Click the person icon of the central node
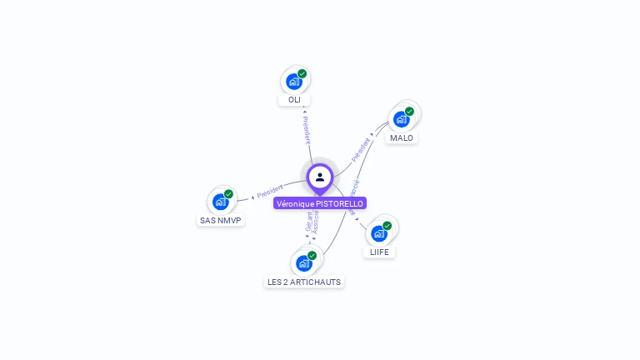(320, 177)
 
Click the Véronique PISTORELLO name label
(320, 203)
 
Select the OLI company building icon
(293, 82)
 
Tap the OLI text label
(294, 100)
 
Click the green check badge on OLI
(302, 73)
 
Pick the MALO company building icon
(401, 119)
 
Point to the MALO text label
(402, 137)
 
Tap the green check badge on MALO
(410, 111)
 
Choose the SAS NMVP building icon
(220, 202)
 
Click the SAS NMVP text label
(221, 221)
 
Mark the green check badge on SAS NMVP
(229, 193)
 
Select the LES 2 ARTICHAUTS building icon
(303, 263)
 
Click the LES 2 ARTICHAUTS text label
(304, 282)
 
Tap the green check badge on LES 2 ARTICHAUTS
(312, 255)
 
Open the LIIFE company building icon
(378, 233)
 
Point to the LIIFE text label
(379, 252)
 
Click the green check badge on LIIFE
(387, 225)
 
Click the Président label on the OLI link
(306, 130)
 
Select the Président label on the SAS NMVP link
(270, 192)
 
